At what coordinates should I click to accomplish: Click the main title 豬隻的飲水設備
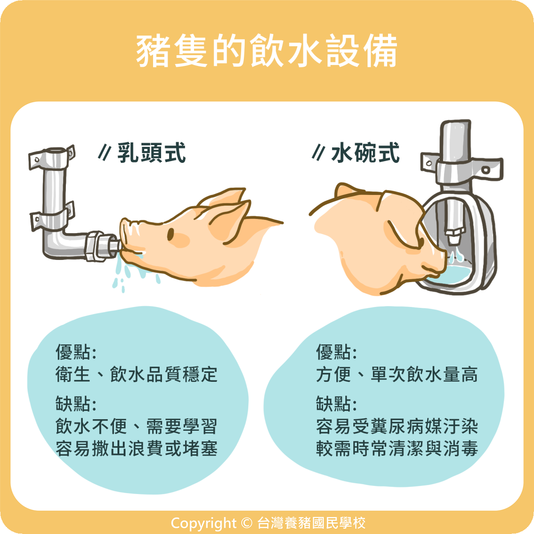coord(267,51)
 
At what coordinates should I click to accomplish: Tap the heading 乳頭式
coord(152,153)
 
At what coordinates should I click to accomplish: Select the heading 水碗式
coord(365,153)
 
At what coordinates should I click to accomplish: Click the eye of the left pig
coord(170,235)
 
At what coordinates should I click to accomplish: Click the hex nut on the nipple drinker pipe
coord(94,246)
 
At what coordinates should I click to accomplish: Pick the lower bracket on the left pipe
coord(52,216)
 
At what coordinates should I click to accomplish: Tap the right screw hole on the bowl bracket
coord(486,170)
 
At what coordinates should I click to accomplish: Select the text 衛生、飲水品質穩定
coord(136,374)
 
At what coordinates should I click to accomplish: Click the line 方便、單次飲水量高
coord(397,374)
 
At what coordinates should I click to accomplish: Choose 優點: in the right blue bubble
coord(336,352)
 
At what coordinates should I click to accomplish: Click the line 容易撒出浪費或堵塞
coord(136,449)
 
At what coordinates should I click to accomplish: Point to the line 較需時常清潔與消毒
coord(397,449)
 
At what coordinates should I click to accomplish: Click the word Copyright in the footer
coord(203,522)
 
